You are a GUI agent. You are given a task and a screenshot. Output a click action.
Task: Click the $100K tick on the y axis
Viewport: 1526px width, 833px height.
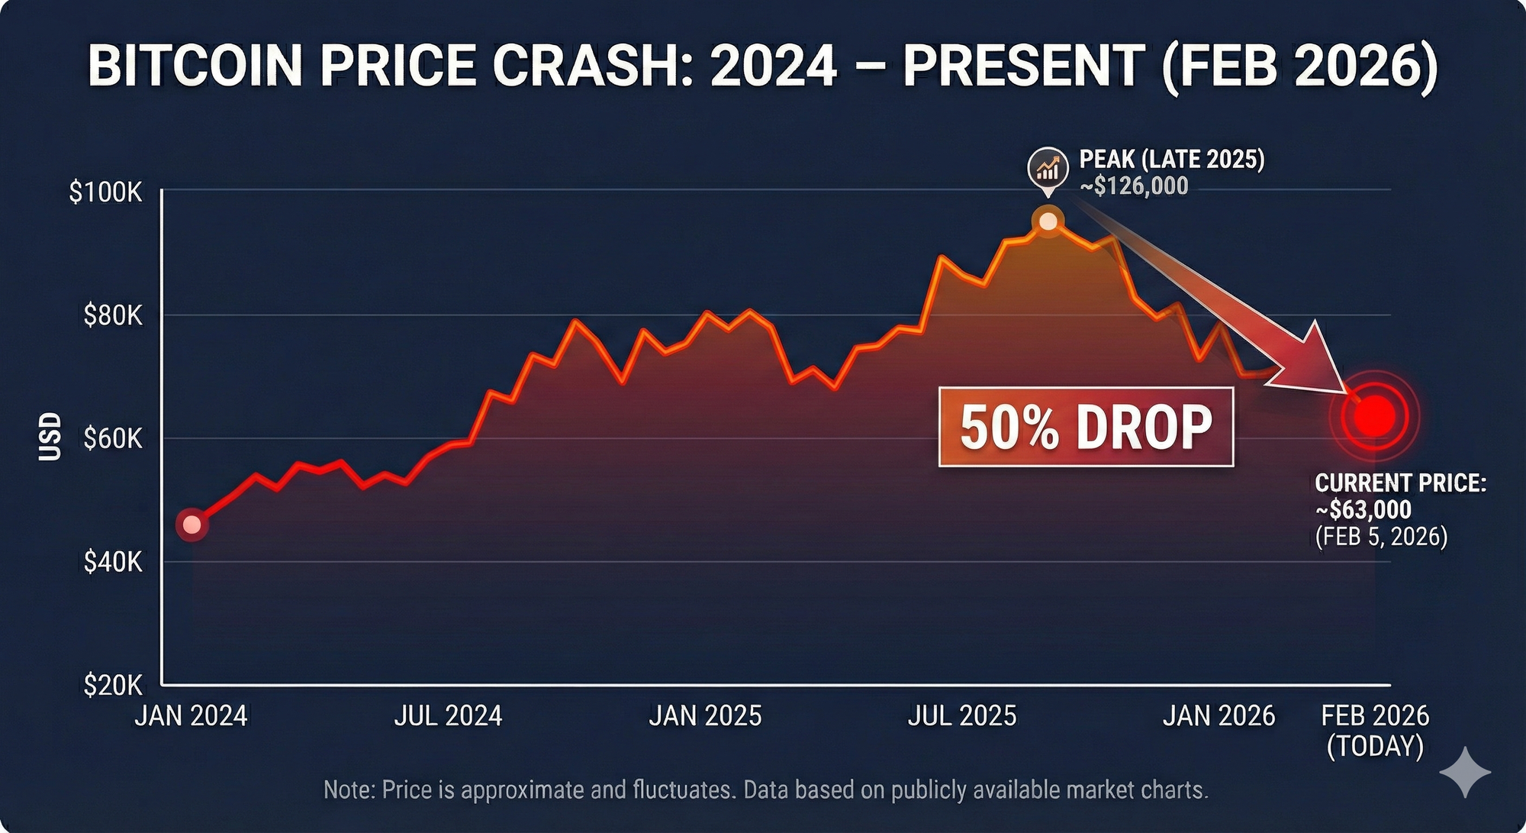106,192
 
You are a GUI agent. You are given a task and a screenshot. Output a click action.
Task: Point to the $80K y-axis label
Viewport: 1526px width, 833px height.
113,315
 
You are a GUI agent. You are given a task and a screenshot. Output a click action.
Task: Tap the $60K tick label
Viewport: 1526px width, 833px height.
113,438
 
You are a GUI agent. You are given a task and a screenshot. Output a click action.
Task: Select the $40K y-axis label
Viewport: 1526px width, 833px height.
113,562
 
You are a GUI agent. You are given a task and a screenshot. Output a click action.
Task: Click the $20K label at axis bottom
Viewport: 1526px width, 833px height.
113,685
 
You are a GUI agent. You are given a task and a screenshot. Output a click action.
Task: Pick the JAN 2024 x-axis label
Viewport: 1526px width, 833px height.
191,716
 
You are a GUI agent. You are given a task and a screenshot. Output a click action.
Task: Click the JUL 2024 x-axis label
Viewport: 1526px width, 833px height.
448,716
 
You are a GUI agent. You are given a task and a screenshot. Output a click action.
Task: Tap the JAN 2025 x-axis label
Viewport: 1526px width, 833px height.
705,716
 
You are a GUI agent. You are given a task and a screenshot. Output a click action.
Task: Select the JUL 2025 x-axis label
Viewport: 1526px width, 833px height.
962,716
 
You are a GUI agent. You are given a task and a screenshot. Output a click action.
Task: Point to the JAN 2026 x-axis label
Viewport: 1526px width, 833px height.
1219,716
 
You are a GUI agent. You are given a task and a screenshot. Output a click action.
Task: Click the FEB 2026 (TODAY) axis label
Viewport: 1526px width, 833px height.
1375,731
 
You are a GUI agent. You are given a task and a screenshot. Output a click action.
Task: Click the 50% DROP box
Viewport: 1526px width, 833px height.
1086,427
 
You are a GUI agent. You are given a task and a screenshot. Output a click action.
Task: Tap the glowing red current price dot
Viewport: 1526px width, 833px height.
1374,416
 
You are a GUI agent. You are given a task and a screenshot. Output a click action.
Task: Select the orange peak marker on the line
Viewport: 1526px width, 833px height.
1048,221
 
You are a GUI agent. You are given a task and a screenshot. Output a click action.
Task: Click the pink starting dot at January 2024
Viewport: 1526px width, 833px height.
192,525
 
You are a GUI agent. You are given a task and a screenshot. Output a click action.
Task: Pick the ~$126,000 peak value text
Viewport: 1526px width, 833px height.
1134,186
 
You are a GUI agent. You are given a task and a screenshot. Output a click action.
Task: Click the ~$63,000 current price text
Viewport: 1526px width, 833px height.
1363,509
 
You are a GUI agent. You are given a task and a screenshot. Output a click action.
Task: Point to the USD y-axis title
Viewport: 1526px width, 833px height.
50,437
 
